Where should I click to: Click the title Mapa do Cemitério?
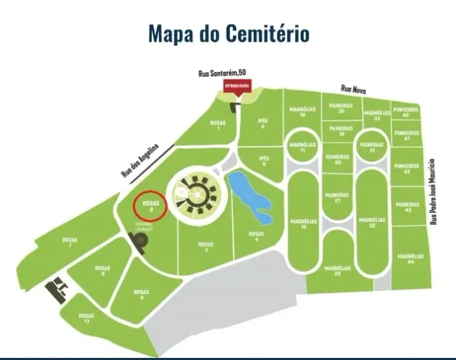(x=229, y=33)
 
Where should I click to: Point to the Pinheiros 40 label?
(x=406, y=113)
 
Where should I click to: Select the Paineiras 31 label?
(x=372, y=148)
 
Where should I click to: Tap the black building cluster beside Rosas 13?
(x=56, y=291)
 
